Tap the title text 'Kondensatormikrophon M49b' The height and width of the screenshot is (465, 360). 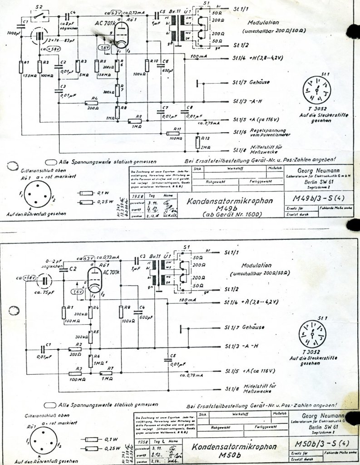(x=224, y=202)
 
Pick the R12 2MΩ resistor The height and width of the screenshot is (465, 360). (x=197, y=143)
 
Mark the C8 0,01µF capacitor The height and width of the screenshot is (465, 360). (x=186, y=114)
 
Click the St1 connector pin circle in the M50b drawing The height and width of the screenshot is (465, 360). (x=312, y=336)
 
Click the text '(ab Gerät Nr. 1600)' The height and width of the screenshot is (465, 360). (x=223, y=213)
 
